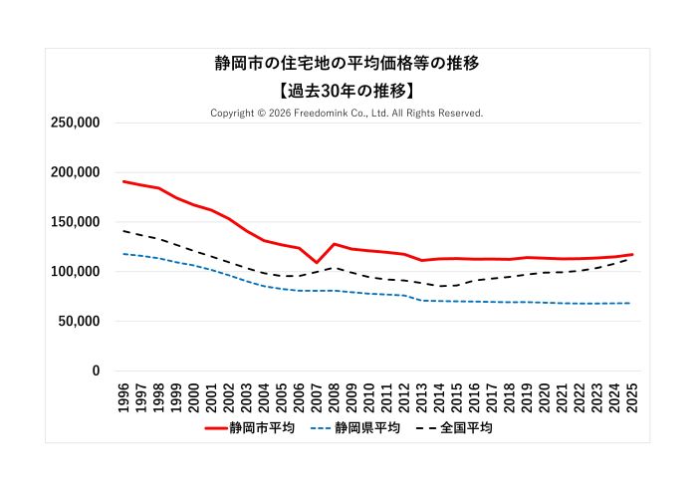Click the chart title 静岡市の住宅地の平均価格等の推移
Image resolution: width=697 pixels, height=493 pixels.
coord(348,63)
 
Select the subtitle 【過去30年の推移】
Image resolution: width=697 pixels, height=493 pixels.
coord(348,89)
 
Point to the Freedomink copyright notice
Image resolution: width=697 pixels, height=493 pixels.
coord(347,113)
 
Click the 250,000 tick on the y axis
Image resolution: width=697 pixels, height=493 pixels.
coord(76,123)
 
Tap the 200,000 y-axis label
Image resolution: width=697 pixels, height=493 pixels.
coord(76,172)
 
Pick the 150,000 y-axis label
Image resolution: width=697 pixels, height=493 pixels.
coord(76,222)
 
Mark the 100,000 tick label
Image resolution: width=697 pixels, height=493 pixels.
coord(76,272)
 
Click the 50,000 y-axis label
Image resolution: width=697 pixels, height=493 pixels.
coord(80,322)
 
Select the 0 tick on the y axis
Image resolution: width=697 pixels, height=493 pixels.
coord(96,371)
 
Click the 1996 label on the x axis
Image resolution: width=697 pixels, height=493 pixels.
coord(124,396)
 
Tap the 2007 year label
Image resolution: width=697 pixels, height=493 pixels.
coord(317,396)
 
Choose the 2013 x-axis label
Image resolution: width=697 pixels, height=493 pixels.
coord(422,396)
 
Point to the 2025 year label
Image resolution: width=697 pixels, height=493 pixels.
coord(632,396)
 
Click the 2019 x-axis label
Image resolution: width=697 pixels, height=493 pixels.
coord(527,396)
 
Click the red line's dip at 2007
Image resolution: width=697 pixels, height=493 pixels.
coord(317,263)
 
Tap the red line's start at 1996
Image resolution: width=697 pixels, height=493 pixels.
coord(124,181)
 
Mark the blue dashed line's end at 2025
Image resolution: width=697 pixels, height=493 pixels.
coord(631,303)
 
